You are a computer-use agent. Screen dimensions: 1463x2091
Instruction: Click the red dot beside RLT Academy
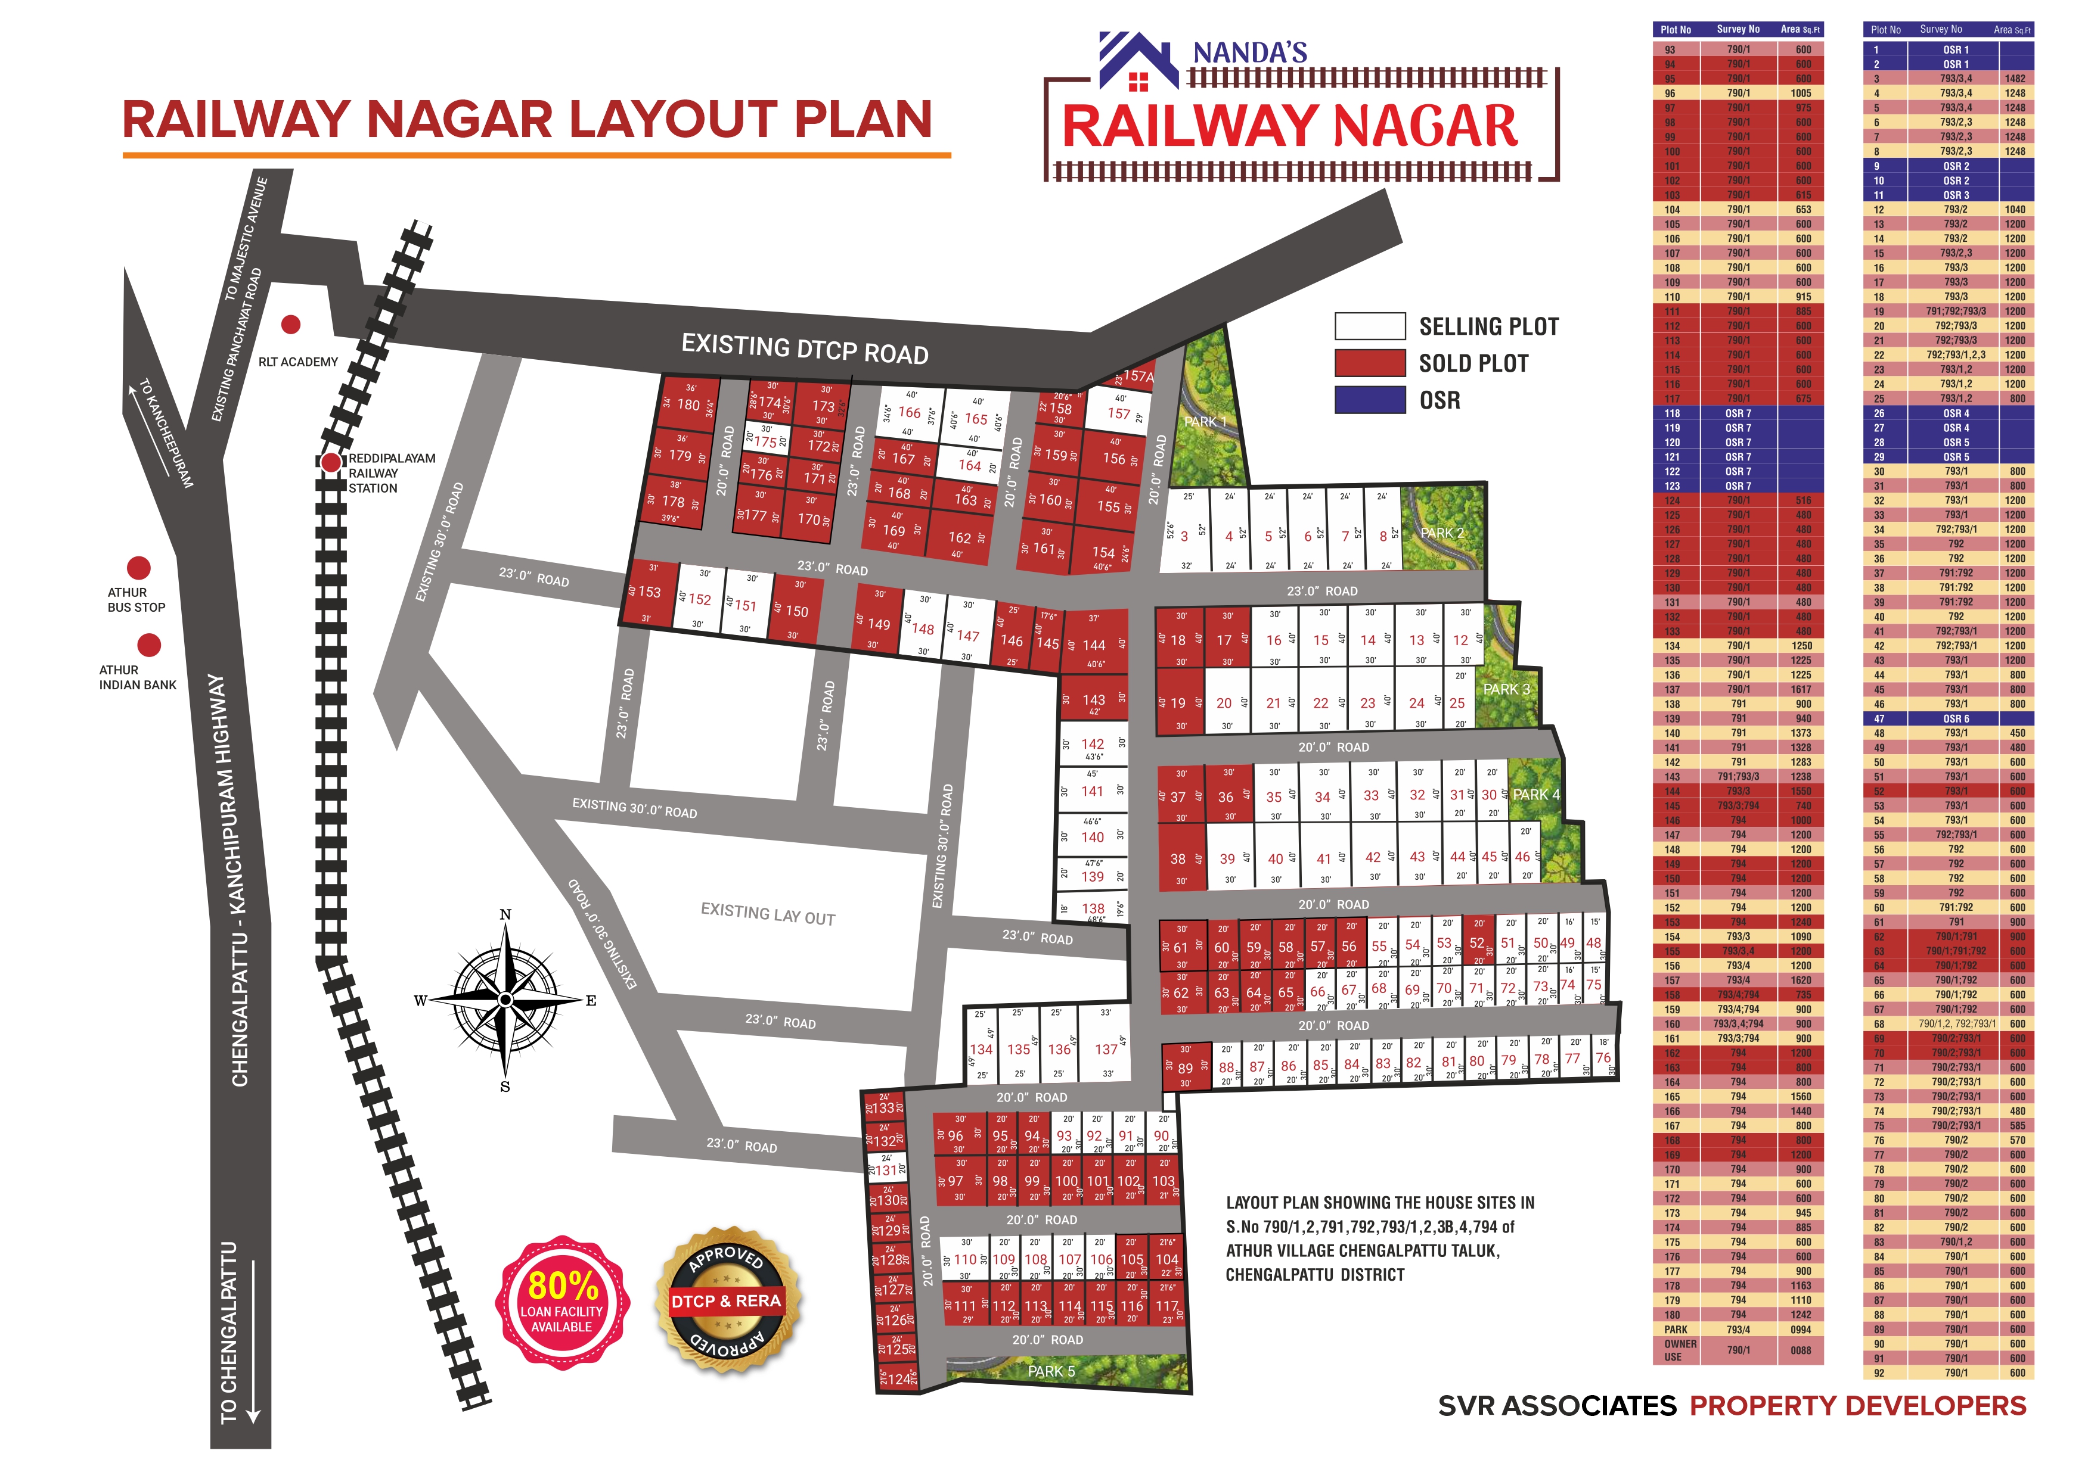click(x=290, y=324)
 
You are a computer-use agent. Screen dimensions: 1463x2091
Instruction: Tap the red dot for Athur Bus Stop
click(x=138, y=568)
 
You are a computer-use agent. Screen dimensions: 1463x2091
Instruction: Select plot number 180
click(x=688, y=405)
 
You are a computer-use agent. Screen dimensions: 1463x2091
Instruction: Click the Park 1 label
click(x=1205, y=422)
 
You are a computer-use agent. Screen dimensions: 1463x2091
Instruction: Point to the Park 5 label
click(x=1051, y=1371)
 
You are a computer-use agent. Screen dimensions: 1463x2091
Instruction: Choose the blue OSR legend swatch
click(x=1370, y=400)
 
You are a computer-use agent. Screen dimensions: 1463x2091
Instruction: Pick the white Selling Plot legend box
click(x=1370, y=326)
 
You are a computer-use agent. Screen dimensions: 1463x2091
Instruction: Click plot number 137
click(x=1106, y=1049)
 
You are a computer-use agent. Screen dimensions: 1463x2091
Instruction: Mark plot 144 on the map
click(x=1094, y=645)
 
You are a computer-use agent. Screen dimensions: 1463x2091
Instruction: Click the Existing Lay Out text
click(x=768, y=914)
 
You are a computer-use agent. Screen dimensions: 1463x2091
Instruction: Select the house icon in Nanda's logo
click(x=1138, y=64)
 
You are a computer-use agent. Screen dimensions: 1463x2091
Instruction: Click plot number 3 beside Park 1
click(x=1184, y=536)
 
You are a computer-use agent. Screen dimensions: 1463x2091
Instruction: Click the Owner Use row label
click(x=1680, y=1350)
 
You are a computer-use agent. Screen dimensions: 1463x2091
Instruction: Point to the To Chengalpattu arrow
click(x=254, y=1339)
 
